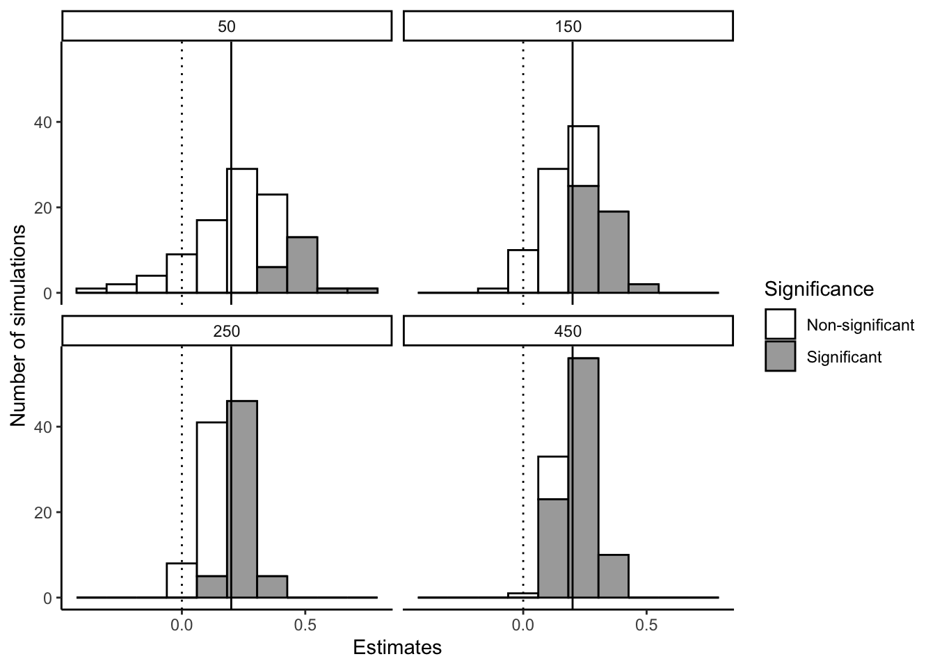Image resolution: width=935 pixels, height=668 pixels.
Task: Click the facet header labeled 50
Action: click(x=227, y=26)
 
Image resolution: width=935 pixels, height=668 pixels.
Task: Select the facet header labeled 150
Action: click(x=568, y=26)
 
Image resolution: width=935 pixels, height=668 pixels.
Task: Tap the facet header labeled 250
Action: click(x=227, y=331)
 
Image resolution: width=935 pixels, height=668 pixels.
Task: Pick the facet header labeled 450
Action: click(x=568, y=331)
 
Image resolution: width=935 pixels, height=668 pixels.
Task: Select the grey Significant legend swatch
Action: click(x=780, y=356)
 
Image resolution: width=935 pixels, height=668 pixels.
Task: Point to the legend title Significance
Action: click(x=818, y=289)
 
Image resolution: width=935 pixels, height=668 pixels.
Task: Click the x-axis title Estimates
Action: click(x=397, y=648)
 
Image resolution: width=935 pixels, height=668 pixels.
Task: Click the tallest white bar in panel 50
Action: click(x=242, y=230)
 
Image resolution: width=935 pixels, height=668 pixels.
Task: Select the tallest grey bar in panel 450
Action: click(x=583, y=477)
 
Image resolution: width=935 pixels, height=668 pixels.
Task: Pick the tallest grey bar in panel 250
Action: click(x=242, y=498)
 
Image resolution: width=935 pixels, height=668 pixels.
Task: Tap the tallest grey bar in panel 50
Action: click(x=303, y=265)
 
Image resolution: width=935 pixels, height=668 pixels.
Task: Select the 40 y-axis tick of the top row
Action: click(x=42, y=122)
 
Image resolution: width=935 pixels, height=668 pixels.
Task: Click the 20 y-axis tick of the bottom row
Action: click(x=42, y=513)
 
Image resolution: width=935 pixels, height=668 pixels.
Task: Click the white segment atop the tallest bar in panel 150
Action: click(x=583, y=156)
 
